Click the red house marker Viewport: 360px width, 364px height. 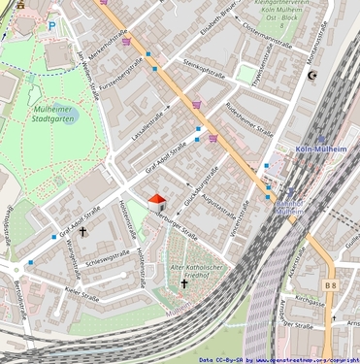click(156, 199)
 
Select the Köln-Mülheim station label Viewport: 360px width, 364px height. click(321, 150)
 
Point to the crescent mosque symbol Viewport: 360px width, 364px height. click(312, 75)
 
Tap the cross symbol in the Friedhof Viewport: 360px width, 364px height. click(184, 284)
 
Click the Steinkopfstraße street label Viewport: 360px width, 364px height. click(204, 74)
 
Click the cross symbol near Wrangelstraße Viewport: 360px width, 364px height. click(82, 232)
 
